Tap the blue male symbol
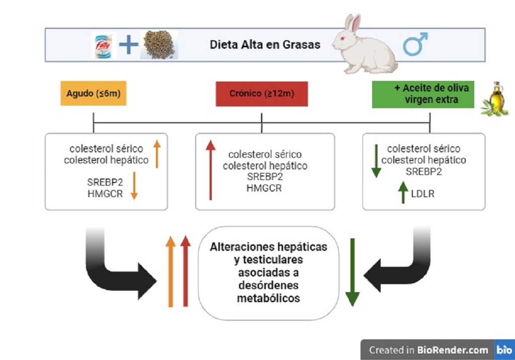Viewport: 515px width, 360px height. point(414,44)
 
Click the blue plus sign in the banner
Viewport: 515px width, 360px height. point(128,45)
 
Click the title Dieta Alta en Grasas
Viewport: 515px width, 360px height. point(265,45)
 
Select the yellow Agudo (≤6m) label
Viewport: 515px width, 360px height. point(94,94)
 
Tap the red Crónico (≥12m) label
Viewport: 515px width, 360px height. point(262,94)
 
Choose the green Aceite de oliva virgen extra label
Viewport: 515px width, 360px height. point(423,94)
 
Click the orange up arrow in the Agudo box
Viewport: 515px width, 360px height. point(156,153)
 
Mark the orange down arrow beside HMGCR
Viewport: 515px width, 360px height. point(134,187)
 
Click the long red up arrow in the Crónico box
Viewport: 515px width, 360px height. point(210,170)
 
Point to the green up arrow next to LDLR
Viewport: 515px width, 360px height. point(402,193)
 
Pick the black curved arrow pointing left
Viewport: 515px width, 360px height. point(397,266)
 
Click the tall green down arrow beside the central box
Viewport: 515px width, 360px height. point(352,272)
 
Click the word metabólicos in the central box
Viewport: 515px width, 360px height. point(269,298)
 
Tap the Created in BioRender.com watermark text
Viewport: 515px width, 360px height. point(428,350)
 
